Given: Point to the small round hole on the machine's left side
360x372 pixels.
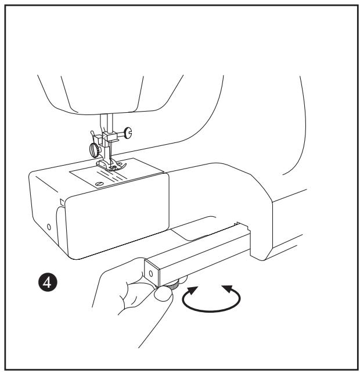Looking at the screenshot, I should [x=49, y=224].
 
